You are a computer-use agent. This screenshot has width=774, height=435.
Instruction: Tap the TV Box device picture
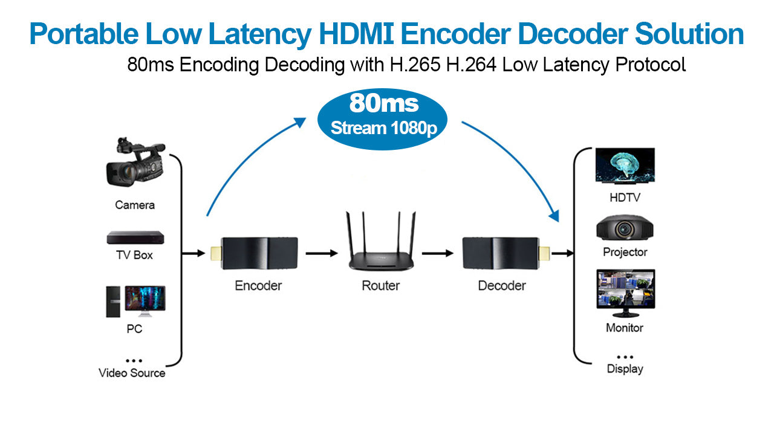tap(135, 237)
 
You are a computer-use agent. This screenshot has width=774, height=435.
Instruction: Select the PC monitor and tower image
tap(135, 301)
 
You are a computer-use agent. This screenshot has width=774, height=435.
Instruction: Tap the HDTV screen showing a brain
tap(625, 165)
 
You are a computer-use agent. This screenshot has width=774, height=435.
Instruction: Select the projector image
tap(625, 228)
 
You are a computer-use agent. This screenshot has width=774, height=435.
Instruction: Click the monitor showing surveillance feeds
tap(625, 292)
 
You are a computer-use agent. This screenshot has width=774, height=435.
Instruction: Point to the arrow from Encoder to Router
tap(321, 253)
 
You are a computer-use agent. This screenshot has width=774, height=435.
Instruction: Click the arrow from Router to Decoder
tap(437, 253)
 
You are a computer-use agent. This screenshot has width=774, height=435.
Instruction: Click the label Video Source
tap(132, 373)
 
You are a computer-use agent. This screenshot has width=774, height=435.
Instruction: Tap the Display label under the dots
tap(625, 369)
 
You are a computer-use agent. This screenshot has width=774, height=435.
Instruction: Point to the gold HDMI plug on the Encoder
tap(215, 253)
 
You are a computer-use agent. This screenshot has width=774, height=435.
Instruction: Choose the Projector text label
tap(625, 252)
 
